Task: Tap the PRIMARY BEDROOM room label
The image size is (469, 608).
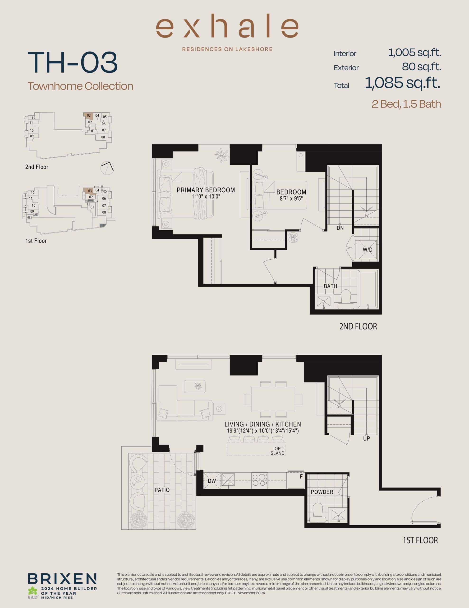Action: click(206, 190)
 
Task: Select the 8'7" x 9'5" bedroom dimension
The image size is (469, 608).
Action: click(291, 199)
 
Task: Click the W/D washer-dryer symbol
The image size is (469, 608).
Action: click(367, 250)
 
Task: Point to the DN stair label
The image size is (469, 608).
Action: click(340, 228)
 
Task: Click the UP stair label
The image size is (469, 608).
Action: click(366, 438)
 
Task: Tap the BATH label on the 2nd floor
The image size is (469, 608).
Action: click(330, 286)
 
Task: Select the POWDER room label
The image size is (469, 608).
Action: click(322, 492)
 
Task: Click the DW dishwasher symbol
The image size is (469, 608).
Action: click(212, 481)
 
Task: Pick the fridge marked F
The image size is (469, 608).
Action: click(296, 480)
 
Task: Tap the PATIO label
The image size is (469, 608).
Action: click(162, 490)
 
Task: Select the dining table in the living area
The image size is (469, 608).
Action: click(273, 399)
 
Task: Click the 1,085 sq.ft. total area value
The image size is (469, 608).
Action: click(403, 83)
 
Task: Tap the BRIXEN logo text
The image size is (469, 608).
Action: click(62, 579)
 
